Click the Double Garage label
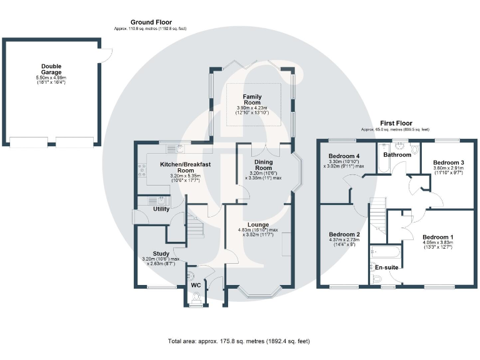(x=51, y=69)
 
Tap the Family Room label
(x=252, y=99)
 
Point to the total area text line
(x=238, y=341)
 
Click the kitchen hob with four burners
(x=141, y=169)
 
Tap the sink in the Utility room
(x=161, y=200)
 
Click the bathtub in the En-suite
(x=382, y=252)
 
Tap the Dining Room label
(x=263, y=164)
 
